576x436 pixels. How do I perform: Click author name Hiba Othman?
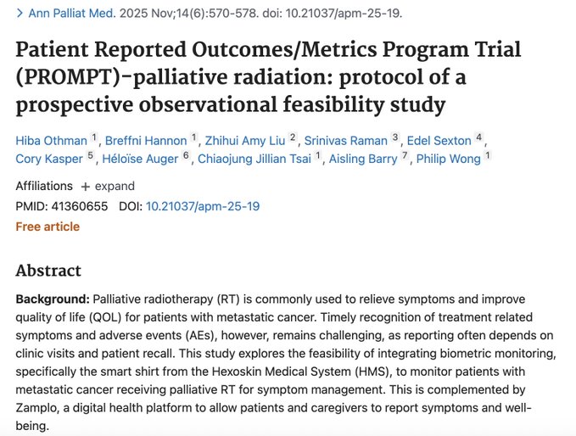click(50, 140)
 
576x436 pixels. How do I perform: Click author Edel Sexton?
click(439, 140)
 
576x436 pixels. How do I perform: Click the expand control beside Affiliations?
click(109, 186)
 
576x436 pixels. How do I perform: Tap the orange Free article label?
click(48, 226)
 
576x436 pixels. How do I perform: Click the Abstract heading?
click(48, 271)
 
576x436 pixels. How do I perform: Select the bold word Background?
click(52, 299)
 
